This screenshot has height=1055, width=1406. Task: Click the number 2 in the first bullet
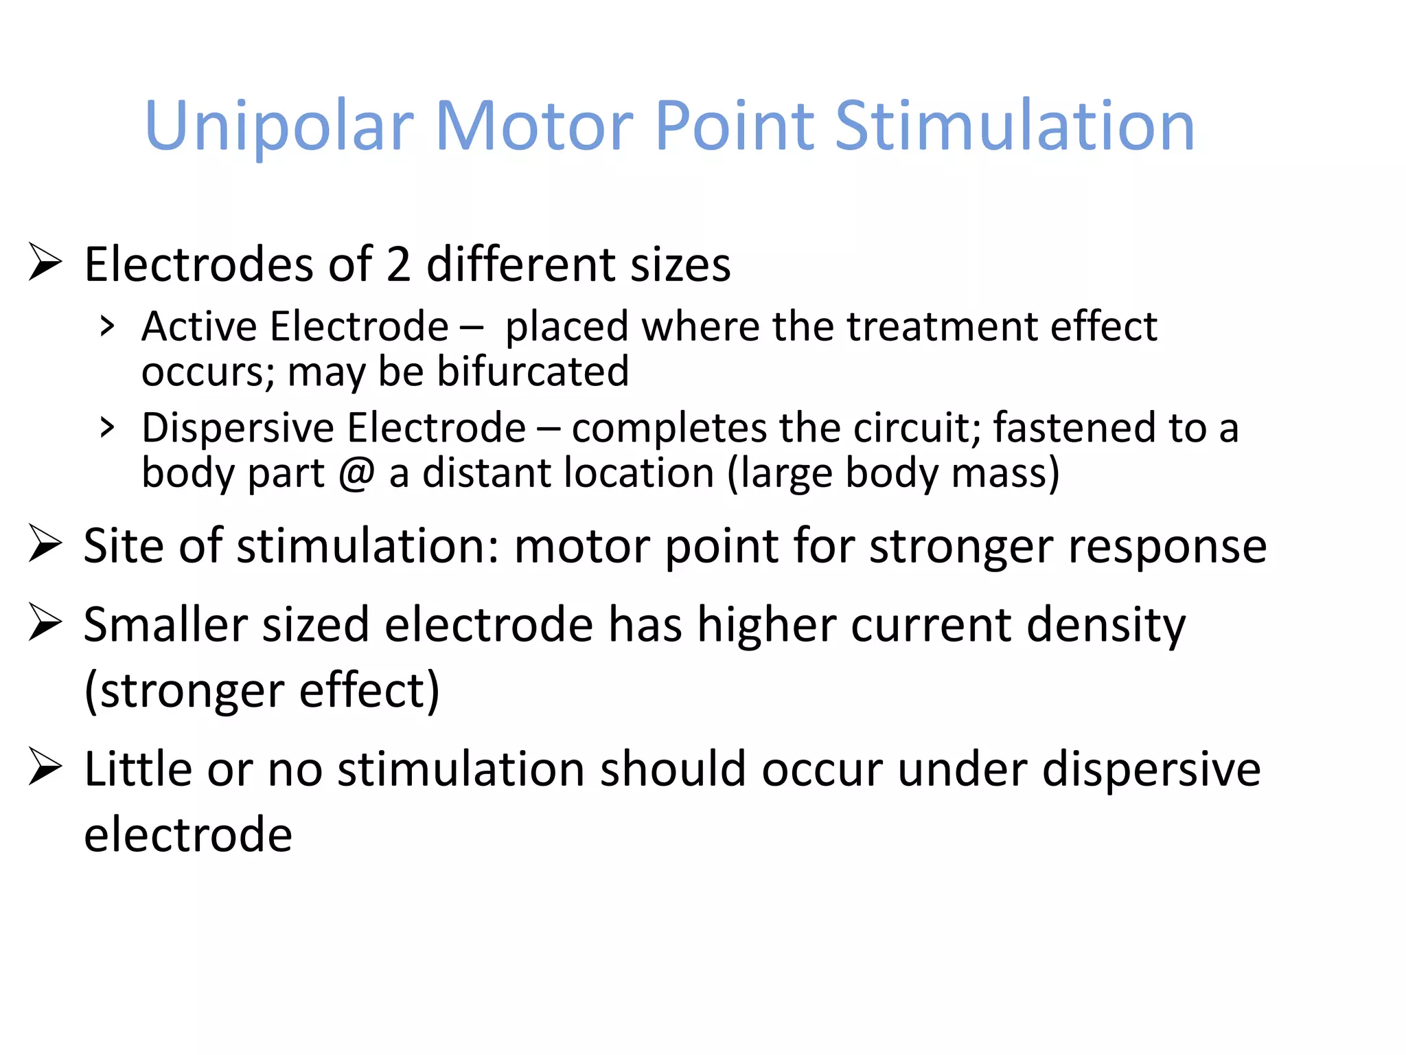398,264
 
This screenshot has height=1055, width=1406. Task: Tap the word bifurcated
533,372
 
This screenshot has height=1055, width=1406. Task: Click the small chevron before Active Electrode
106,326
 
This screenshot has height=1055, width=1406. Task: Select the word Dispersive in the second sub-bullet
238,427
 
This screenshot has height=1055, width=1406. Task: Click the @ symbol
357,473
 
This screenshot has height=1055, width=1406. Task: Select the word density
1106,625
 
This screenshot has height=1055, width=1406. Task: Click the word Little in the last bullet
136,769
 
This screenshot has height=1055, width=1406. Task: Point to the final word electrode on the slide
188,835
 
